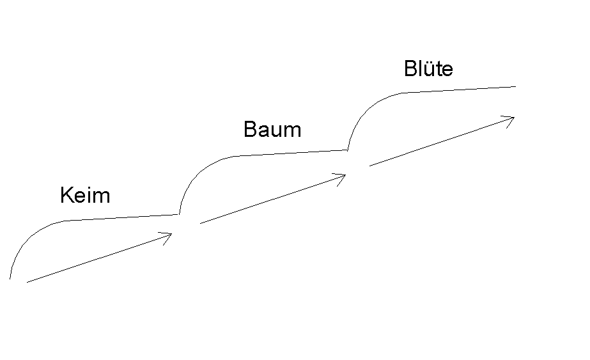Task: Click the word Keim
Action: coord(85,195)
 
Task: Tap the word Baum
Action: coord(272,129)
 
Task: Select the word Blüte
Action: coord(428,68)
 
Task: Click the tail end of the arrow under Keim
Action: coord(27,282)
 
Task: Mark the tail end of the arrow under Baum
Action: coord(200,224)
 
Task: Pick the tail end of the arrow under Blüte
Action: coord(369,166)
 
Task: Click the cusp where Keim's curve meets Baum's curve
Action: coord(179,215)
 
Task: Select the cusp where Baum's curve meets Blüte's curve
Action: coord(348,150)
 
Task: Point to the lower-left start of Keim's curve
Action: coord(10,279)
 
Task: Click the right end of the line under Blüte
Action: coord(515,86)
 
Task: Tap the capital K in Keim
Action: coord(66,195)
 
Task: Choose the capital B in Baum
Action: coord(251,129)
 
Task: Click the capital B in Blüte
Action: coord(410,68)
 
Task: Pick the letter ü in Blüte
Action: coord(428,69)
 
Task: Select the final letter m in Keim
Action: coord(102,198)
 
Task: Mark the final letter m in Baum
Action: coord(293,132)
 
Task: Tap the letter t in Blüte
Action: coord(438,70)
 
